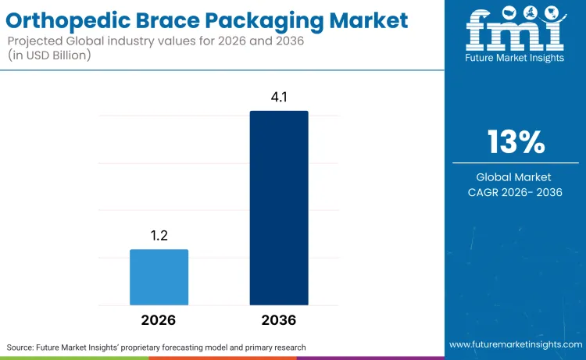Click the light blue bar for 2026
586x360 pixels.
(159, 277)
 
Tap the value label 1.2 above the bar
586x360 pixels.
(159, 235)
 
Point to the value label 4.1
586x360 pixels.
(279, 97)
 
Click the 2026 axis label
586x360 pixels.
(159, 320)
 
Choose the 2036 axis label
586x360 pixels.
(279, 320)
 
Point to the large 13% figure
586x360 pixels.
(516, 142)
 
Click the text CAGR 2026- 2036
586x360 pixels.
(515, 192)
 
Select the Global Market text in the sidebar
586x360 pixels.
(515, 177)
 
